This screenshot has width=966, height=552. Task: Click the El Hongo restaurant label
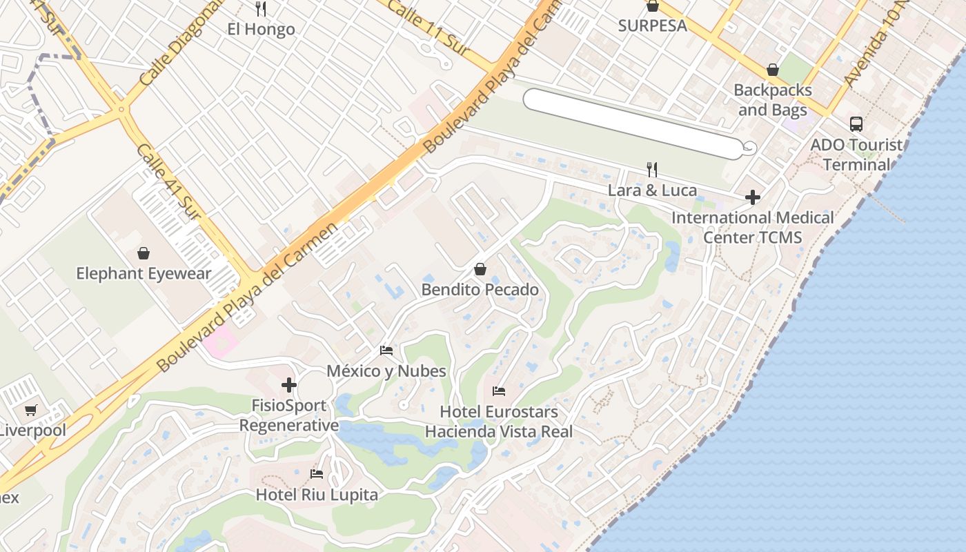(x=261, y=29)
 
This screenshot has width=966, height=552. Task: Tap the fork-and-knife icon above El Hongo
(x=261, y=9)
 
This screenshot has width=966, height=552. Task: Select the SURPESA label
(x=652, y=26)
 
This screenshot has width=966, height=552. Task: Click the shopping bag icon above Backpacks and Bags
(x=773, y=70)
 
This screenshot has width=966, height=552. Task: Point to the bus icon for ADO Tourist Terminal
(x=856, y=124)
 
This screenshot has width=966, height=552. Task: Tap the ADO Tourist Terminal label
(x=856, y=155)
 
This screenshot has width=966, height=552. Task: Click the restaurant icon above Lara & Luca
(x=652, y=169)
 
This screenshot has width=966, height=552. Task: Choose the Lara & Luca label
(x=652, y=190)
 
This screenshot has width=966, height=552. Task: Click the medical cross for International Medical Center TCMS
(x=752, y=197)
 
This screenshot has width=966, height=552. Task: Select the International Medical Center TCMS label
(x=752, y=228)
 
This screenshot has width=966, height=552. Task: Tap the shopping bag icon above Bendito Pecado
(x=480, y=269)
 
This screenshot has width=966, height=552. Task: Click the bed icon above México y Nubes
(x=386, y=351)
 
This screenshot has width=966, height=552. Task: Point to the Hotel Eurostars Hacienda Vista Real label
(x=498, y=422)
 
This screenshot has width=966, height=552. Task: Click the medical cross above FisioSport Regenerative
(x=289, y=385)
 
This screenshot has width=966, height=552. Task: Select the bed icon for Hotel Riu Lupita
(x=317, y=474)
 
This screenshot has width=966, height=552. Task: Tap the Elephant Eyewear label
(x=144, y=273)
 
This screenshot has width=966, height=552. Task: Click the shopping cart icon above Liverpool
(x=31, y=411)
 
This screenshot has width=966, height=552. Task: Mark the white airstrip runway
(x=631, y=123)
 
